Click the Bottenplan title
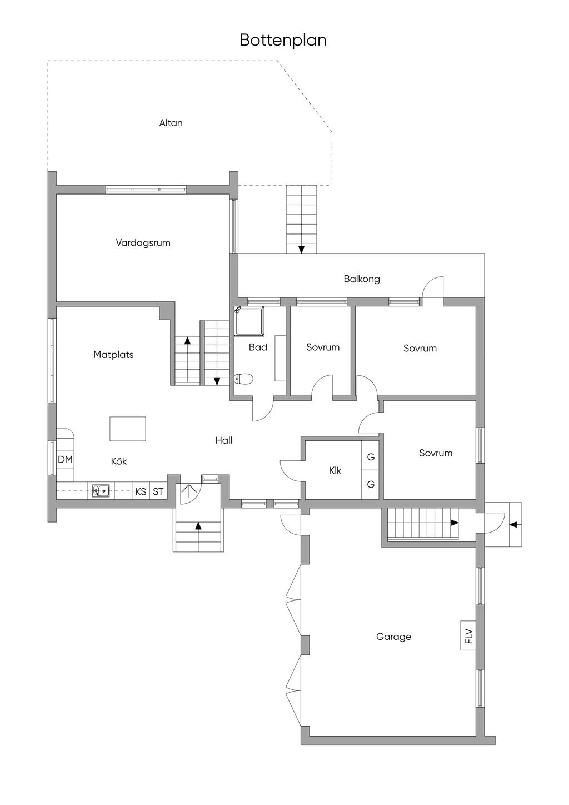[283, 41]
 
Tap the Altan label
[171, 123]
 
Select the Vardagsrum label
[143, 243]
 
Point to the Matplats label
[113, 355]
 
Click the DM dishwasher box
[65, 459]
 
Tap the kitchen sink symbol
[101, 491]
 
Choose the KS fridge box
[141, 491]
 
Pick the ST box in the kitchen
[158, 491]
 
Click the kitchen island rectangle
[128, 429]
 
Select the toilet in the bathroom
[244, 379]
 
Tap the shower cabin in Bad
[249, 321]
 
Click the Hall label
[224, 440]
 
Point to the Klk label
[335, 470]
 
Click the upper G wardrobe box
[371, 457]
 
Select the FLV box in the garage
[468, 635]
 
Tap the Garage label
[393, 637]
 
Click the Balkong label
[362, 279]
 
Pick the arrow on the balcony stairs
[301, 249]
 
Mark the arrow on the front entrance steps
[198, 525]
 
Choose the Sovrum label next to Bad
[323, 347]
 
